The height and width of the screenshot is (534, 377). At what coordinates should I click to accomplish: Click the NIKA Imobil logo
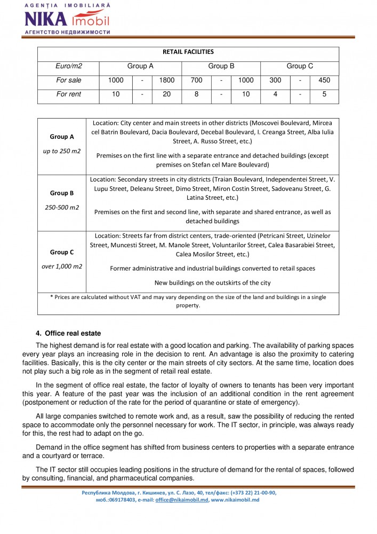(x=67, y=19)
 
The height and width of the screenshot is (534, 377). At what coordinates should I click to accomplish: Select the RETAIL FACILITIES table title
(x=188, y=52)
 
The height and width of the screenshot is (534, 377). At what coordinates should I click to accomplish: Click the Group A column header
(x=140, y=66)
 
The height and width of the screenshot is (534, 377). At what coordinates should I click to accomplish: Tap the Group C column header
(x=300, y=66)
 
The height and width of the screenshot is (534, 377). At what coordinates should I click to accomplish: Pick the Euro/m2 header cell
(x=69, y=66)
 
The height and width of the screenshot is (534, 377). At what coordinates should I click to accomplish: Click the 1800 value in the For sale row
(x=167, y=81)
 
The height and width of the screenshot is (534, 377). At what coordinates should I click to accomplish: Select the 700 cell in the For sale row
(x=197, y=81)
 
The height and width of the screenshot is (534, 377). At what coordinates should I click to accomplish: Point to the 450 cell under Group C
(x=324, y=81)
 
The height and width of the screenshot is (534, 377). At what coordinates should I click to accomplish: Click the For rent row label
(x=69, y=95)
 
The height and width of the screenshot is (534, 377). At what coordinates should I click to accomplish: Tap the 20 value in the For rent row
(x=167, y=95)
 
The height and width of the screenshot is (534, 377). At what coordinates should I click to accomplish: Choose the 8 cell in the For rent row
(x=196, y=95)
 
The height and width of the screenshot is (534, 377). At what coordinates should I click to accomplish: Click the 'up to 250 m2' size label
(x=62, y=151)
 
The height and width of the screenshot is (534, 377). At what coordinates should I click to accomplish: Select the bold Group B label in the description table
(x=62, y=193)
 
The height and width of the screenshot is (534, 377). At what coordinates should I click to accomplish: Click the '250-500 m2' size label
(x=62, y=207)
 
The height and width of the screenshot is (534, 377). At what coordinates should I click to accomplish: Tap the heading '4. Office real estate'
(x=68, y=333)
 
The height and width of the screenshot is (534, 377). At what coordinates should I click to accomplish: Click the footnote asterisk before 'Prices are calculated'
(x=51, y=297)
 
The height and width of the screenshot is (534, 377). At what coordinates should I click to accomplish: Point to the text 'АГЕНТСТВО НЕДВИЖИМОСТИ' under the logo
(x=67, y=32)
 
